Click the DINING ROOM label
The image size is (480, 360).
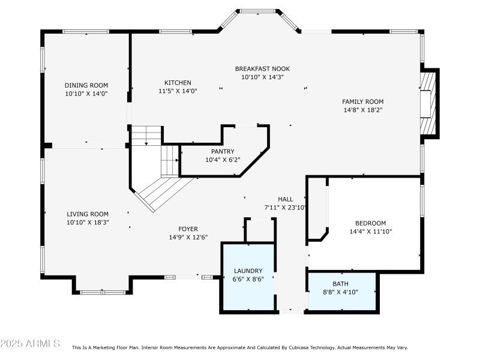pyautogui.click(x=86, y=85)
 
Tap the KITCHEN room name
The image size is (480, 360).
pyautogui.click(x=178, y=83)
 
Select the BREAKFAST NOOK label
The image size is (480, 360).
pyautogui.click(x=262, y=69)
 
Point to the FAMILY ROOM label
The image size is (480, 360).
pyautogui.click(x=362, y=101)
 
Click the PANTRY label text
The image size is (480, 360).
pyautogui.click(x=222, y=152)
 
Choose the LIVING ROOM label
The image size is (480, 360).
pyautogui.click(x=87, y=214)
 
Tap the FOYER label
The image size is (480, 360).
pyautogui.click(x=188, y=229)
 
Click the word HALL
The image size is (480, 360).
pyautogui.click(x=285, y=199)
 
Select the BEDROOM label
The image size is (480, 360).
pyautogui.click(x=370, y=223)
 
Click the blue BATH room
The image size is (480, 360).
pyautogui.click(x=341, y=291)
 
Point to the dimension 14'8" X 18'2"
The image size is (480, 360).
pyautogui.click(x=362, y=110)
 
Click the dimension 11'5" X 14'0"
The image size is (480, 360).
pyautogui.click(x=178, y=91)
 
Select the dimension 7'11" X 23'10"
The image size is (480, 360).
pyautogui.click(x=286, y=208)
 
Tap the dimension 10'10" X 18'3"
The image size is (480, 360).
pyautogui.click(x=87, y=223)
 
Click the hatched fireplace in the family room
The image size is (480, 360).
pyautogui.click(x=427, y=103)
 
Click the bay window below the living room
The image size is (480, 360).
pyautogui.click(x=101, y=291)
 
